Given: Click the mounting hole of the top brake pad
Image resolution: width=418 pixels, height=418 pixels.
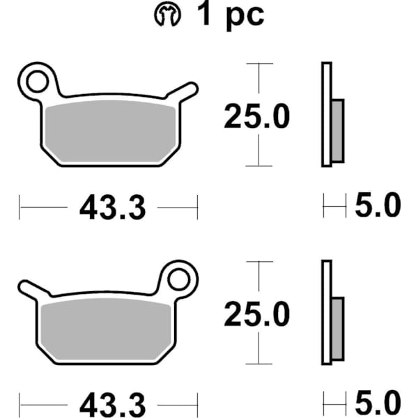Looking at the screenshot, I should (36, 82).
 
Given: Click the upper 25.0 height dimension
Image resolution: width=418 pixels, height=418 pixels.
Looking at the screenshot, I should (256, 117).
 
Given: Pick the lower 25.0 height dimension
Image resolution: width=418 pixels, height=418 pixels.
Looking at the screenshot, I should (256, 315).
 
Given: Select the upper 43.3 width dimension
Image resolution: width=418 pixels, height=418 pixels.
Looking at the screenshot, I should (112, 207).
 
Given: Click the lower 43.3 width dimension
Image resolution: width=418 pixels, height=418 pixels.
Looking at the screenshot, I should (112, 404).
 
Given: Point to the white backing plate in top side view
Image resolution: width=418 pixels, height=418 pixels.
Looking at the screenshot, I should (325, 115).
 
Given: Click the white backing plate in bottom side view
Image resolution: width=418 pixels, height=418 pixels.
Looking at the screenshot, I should (325, 313).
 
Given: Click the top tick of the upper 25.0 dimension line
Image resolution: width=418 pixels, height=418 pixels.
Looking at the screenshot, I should (259, 64).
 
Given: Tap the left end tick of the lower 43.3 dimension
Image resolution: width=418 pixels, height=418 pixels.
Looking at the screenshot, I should (20, 404).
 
